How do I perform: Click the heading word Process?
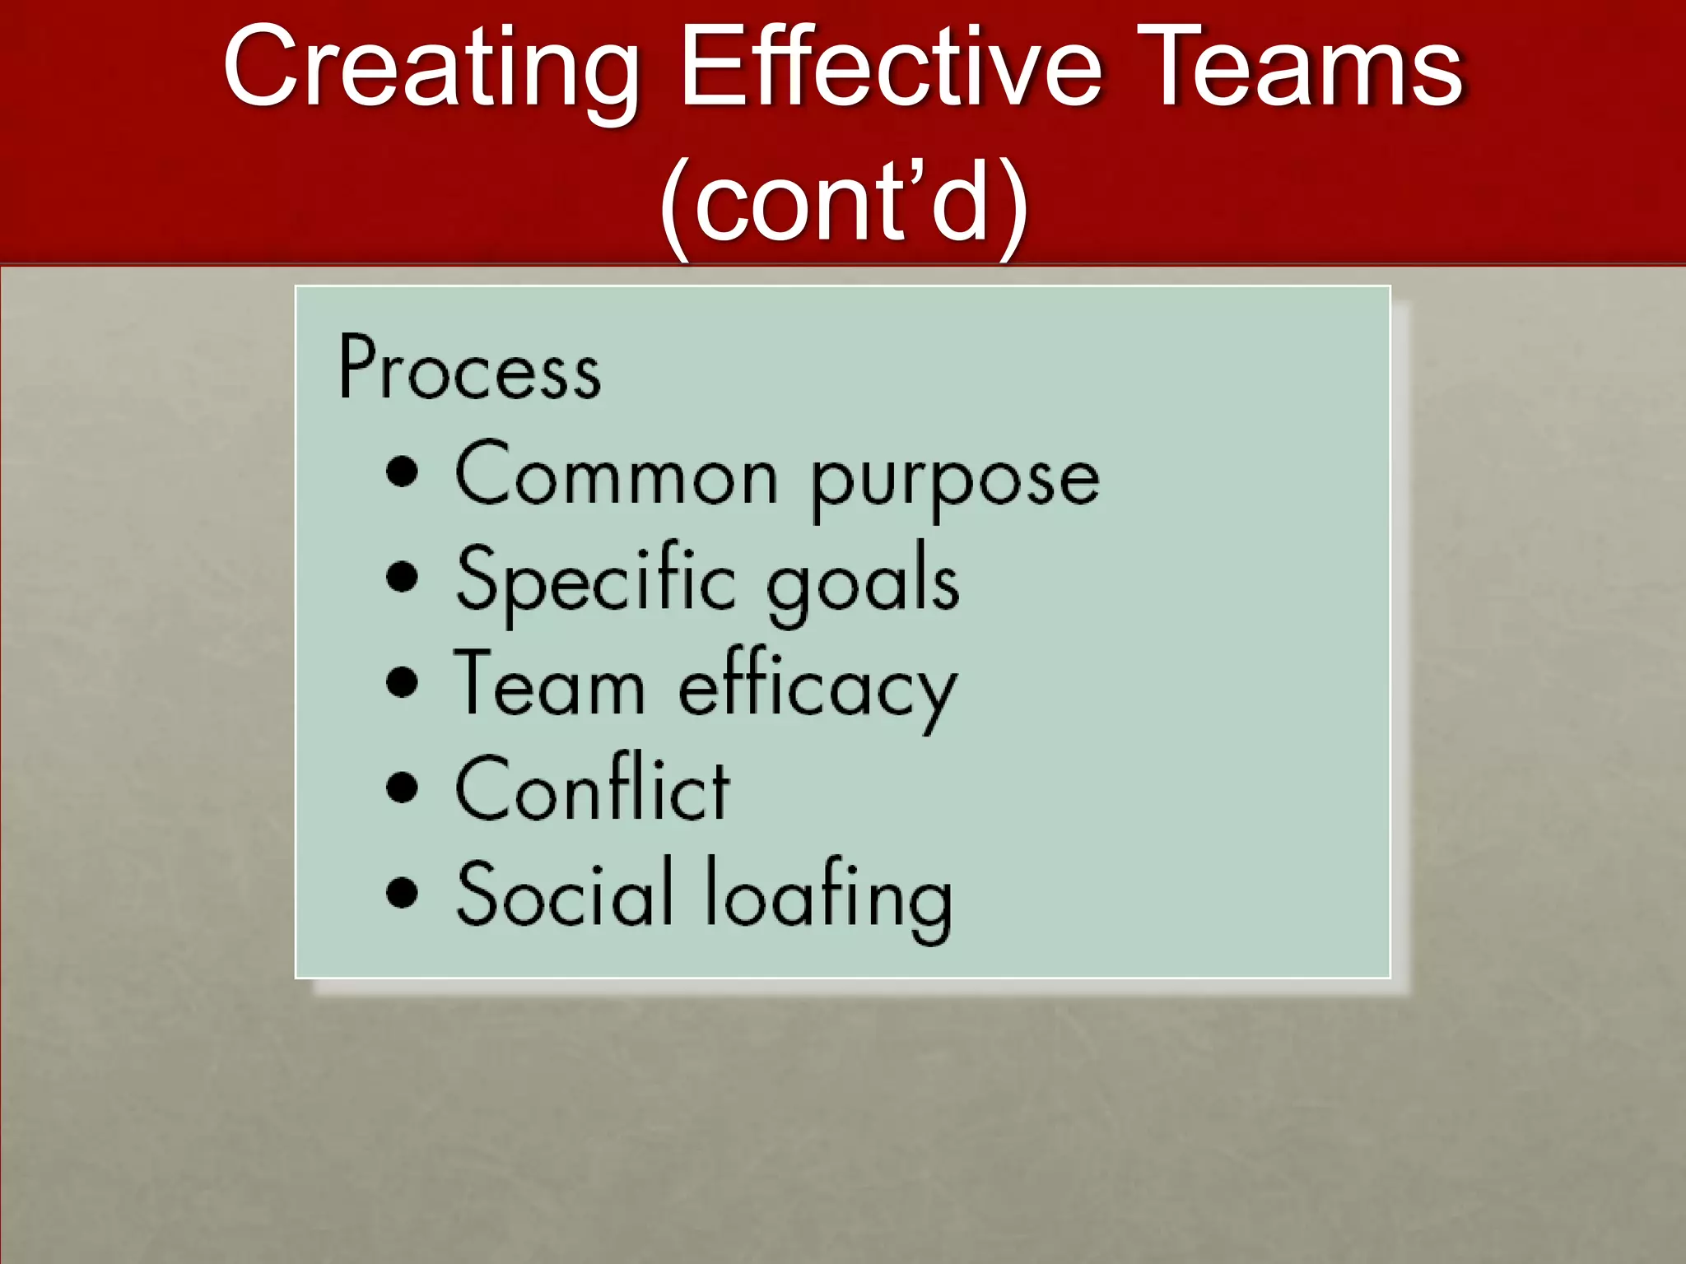[469, 369]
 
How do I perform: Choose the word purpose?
[955, 481]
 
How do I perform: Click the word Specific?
[596, 581]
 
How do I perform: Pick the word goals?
[862, 583]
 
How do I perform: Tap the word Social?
[565, 894]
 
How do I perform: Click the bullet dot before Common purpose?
[402, 472]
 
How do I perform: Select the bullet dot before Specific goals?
[402, 577]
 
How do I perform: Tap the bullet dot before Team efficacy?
[402, 682]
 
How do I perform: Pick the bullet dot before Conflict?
[402, 787]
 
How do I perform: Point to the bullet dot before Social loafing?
[402, 892]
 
